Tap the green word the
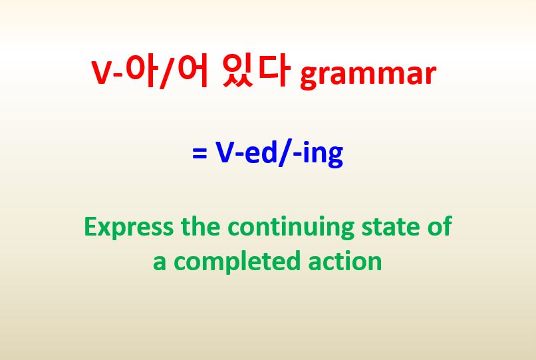pos(202,226)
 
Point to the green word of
pos(439,226)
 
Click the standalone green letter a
pos(160,262)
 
